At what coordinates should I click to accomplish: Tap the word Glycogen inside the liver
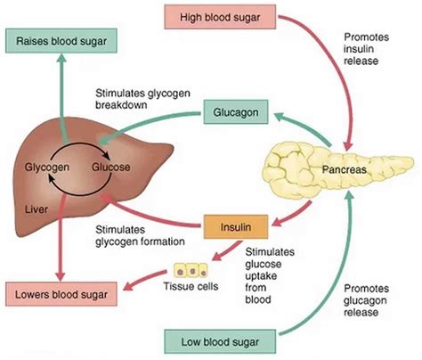point(47,166)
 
